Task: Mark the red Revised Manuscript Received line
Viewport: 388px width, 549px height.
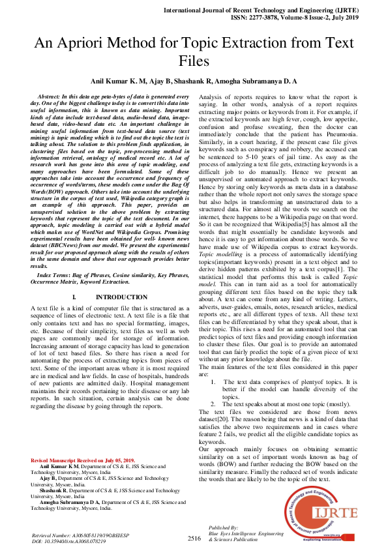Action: [x=83, y=460]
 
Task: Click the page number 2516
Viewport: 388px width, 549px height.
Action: [x=194, y=539]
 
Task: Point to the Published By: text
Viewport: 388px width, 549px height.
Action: [x=223, y=526]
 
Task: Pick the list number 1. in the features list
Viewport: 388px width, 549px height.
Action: [x=215, y=382]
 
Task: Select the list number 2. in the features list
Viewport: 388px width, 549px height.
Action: [x=215, y=404]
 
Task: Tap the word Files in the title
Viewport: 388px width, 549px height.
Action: [x=194, y=62]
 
